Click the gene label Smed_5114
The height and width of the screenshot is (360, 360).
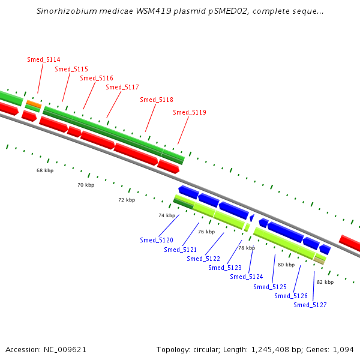[x=44, y=59]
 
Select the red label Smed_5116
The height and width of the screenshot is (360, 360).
[x=97, y=78]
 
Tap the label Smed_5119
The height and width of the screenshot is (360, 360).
[x=190, y=112]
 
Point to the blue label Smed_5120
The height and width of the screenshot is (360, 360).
[x=157, y=240]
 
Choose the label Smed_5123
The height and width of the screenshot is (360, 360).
[x=225, y=268]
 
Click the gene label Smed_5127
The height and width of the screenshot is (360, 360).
[x=310, y=305]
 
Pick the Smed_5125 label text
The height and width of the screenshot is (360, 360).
[x=270, y=287]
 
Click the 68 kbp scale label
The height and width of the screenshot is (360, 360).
[x=45, y=170]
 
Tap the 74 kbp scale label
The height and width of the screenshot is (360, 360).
[x=167, y=215]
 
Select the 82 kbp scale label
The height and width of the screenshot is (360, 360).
[x=325, y=282]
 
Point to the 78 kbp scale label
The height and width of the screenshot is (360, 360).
[x=247, y=248]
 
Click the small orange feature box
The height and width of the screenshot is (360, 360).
[x=34, y=104]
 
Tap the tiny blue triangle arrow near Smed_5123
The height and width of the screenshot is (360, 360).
[x=252, y=217]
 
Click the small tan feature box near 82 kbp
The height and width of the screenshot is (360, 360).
[x=320, y=260]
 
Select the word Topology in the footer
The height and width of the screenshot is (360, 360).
[x=174, y=349]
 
